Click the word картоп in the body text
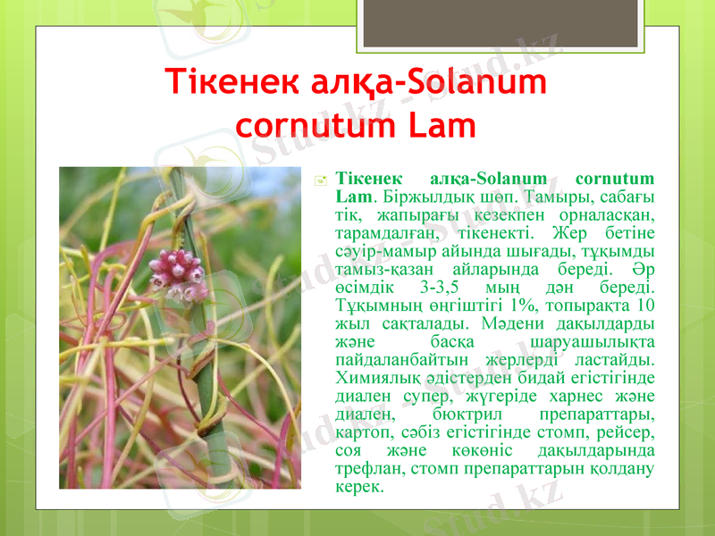coord(363,433)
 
